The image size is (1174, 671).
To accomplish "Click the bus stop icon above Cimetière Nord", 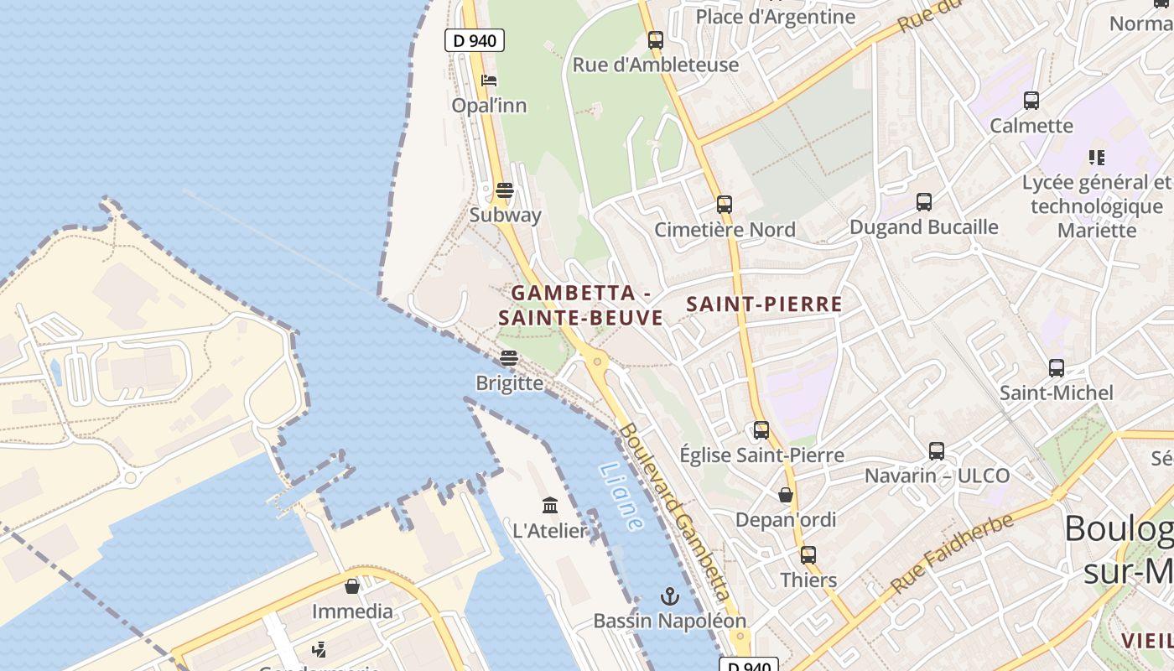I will (725, 204).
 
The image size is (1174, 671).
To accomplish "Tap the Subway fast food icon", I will (504, 190).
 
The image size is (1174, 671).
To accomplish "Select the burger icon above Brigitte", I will (508, 358).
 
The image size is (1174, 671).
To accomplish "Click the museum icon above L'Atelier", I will (550, 505).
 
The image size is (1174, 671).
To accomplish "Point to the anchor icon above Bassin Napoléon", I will (669, 596).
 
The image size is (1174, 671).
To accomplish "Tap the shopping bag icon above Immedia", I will (352, 585).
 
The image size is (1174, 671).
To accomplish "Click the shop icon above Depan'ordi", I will (786, 495).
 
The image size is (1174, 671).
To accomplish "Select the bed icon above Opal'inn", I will (489, 81).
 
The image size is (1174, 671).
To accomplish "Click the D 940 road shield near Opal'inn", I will (474, 40).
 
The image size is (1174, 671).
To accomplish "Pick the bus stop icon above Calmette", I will (1031, 101).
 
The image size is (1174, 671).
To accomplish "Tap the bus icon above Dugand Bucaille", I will (924, 202).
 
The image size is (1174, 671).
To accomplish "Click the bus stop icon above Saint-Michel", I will (1057, 367).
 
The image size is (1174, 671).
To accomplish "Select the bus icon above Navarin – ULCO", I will (937, 450).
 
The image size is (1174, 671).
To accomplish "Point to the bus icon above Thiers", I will (808, 554).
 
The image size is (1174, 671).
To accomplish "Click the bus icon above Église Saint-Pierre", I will (761, 430).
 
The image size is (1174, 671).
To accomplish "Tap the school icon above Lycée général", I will (1096, 157).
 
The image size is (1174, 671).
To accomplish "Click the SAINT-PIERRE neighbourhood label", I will (764, 304).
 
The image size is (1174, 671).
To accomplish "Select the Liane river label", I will (621, 497).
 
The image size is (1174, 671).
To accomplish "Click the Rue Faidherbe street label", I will (952, 553).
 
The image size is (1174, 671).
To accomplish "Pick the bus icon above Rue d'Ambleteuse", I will (656, 39).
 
